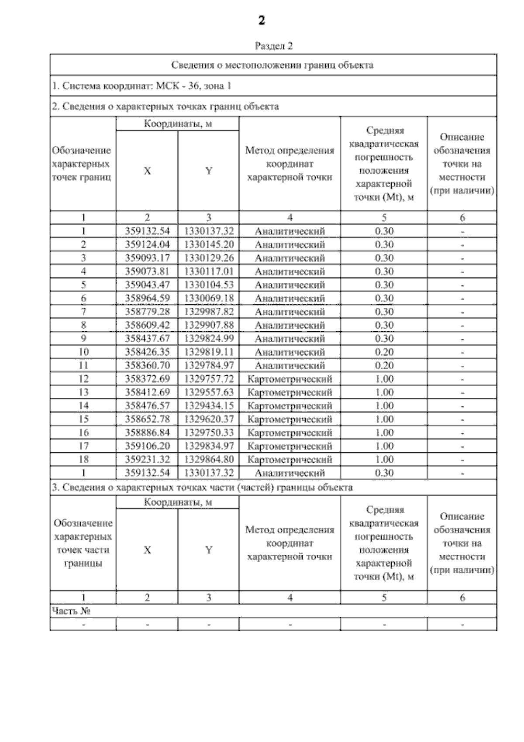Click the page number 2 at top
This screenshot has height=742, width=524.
262,21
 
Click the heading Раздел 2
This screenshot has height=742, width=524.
273,46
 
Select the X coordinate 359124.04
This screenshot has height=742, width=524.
147,244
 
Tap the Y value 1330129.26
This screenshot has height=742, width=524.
209,258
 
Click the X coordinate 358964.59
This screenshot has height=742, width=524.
147,299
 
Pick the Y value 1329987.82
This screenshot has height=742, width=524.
209,312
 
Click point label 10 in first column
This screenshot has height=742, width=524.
83,352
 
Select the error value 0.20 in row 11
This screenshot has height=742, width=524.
384,365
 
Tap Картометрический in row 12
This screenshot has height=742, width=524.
290,379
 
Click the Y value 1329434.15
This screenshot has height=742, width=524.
209,406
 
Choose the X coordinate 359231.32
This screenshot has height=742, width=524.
147,460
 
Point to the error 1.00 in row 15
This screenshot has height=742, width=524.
384,419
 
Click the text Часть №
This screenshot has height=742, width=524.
71,611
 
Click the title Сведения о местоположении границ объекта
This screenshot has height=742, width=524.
272,65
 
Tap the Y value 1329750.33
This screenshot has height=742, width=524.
209,433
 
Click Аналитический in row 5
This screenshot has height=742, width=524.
290,285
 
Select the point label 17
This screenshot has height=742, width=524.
83,446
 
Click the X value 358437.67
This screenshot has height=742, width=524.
147,339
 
